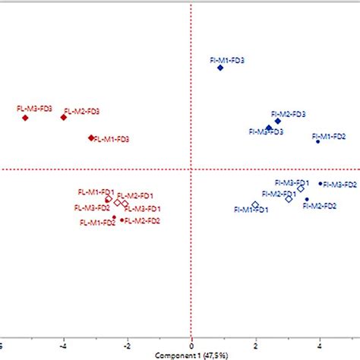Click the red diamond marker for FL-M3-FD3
coord(25,118)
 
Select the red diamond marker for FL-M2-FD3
coord(64,117)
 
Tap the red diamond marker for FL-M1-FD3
coord(91,138)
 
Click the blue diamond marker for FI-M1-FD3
coord(220,68)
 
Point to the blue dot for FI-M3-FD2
coord(321,183)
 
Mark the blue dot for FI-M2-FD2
coord(307,200)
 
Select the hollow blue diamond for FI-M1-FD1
coord(255,205)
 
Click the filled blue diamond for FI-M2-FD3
coord(278,121)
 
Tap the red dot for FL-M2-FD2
coord(122,219)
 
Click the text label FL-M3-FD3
coord(34,109)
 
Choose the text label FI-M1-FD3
coord(226,59)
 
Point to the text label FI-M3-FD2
coord(340,185)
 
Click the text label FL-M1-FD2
coord(96,223)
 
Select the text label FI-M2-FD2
coord(321,206)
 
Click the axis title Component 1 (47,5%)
coord(191,355)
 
